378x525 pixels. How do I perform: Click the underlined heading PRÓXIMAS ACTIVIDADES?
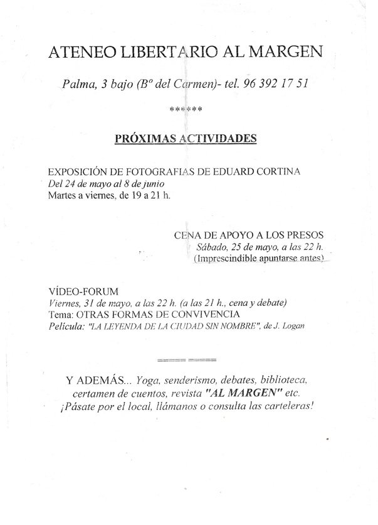(186, 138)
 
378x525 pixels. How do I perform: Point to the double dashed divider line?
(185, 360)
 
